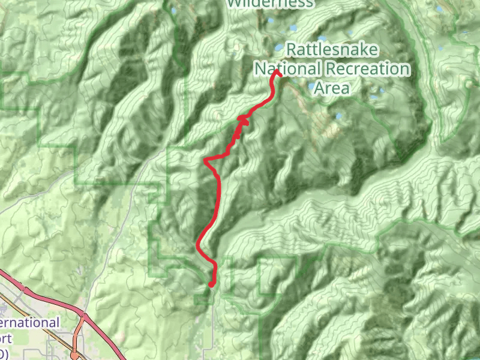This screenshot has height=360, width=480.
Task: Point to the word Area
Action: tap(332, 88)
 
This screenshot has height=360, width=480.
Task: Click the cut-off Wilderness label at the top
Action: tap(270, 4)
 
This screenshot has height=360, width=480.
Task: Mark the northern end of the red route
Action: tap(278, 73)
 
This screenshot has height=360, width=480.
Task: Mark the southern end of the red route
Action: tap(211, 284)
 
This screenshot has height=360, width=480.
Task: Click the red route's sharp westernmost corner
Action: tap(206, 161)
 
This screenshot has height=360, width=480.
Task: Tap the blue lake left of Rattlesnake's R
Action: tap(278, 48)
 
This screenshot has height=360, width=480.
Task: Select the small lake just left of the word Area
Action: tap(310, 86)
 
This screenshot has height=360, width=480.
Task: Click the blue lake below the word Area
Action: tap(339, 116)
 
